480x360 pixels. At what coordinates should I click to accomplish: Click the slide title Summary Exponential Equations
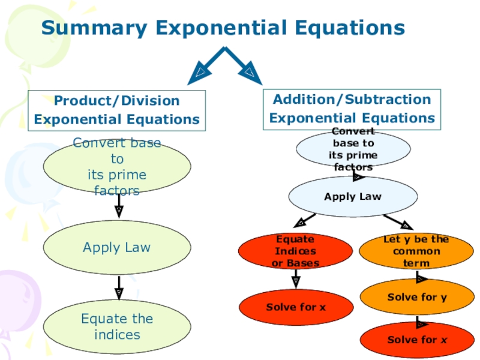[x=223, y=28]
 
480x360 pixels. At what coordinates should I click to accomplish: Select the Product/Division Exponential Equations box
[x=116, y=110]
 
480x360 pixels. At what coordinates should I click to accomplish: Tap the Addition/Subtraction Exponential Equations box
[x=352, y=109]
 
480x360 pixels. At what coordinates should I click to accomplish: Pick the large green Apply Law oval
[x=117, y=247]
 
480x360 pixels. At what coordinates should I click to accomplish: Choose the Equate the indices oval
[x=117, y=326]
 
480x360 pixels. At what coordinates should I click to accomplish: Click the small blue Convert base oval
[x=353, y=149]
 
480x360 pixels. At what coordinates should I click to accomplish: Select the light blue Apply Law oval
[x=353, y=196]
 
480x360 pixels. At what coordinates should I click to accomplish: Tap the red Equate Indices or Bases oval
[x=296, y=251]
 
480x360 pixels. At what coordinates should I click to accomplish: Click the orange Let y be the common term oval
[x=416, y=251]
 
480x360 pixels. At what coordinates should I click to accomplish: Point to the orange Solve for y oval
[x=416, y=297]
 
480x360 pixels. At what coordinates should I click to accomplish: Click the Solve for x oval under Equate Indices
[x=296, y=307]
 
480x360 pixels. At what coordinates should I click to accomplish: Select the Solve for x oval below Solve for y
[x=416, y=340]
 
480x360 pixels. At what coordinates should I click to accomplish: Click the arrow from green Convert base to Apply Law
[x=118, y=206]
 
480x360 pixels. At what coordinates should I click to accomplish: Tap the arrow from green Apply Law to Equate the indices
[x=118, y=287]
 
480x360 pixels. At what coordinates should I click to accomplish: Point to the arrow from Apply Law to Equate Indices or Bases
[x=305, y=220]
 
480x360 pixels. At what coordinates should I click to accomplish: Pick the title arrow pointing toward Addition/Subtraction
[x=245, y=67]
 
